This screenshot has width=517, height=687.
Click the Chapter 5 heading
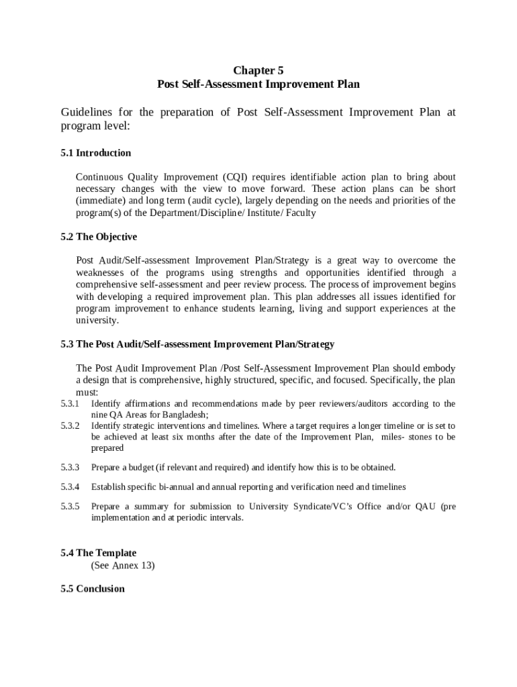(x=258, y=70)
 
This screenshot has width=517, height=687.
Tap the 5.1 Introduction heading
(x=95, y=153)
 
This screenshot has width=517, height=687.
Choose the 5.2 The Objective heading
(x=98, y=237)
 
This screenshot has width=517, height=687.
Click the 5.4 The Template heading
(x=98, y=553)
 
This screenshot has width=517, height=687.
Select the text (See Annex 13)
(x=122, y=566)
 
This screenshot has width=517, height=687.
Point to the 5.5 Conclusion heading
(x=93, y=588)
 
